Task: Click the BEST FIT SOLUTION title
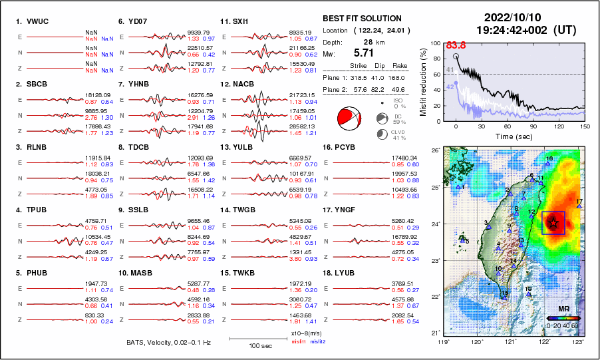pos(361,18)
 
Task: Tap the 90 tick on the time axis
pos(533,126)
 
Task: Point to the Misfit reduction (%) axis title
pos(424,81)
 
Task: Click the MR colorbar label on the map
pos(563,309)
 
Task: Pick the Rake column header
pos(401,66)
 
